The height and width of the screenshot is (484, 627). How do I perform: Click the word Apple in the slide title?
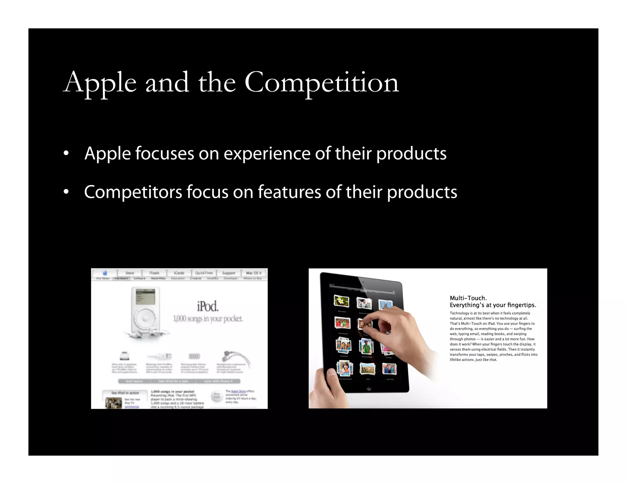100,83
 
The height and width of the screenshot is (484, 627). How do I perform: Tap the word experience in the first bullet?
267,153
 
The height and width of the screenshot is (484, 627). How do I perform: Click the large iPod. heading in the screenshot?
208,306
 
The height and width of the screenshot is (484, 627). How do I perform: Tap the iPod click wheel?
145,318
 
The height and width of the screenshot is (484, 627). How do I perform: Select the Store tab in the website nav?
130,273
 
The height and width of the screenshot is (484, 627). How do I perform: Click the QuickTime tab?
204,273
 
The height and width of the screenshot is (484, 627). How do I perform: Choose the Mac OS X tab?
254,273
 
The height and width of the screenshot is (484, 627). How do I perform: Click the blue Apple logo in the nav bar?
105,273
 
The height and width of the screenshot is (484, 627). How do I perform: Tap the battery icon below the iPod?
194,356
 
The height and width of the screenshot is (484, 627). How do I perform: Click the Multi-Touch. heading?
468,298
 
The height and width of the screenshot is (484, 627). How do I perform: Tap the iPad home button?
369,389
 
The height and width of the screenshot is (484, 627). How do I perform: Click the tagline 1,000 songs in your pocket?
208,319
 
